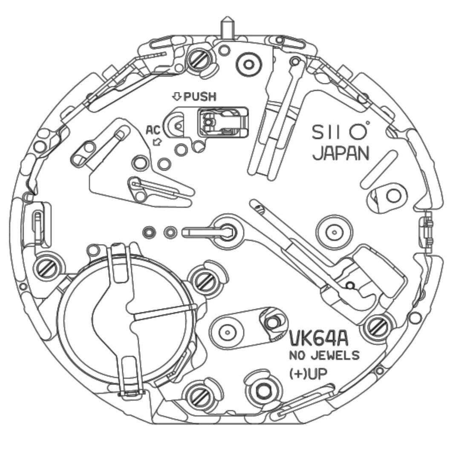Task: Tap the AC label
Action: (153, 130)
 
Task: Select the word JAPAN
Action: (341, 154)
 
